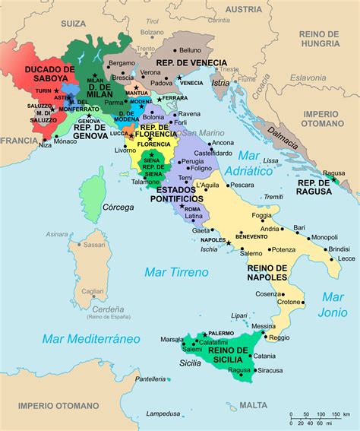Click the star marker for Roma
click(185, 208)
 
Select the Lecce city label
click(346, 258)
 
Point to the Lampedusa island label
click(164, 414)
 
